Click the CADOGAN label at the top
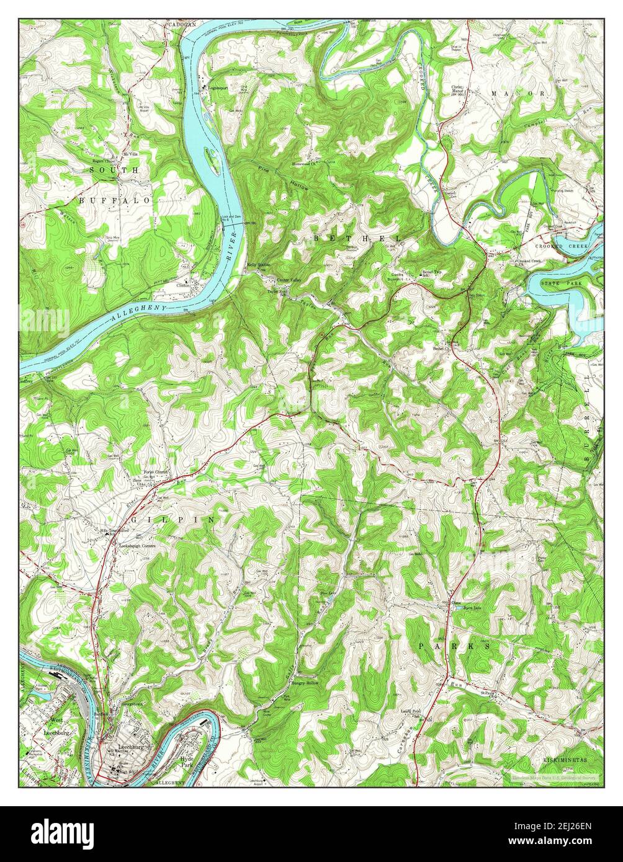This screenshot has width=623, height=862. point(181,24)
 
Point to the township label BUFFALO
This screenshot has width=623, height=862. point(115,201)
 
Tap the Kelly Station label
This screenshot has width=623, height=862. point(259,265)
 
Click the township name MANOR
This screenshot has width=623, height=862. point(519,93)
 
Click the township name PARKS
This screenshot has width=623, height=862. point(455,646)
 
